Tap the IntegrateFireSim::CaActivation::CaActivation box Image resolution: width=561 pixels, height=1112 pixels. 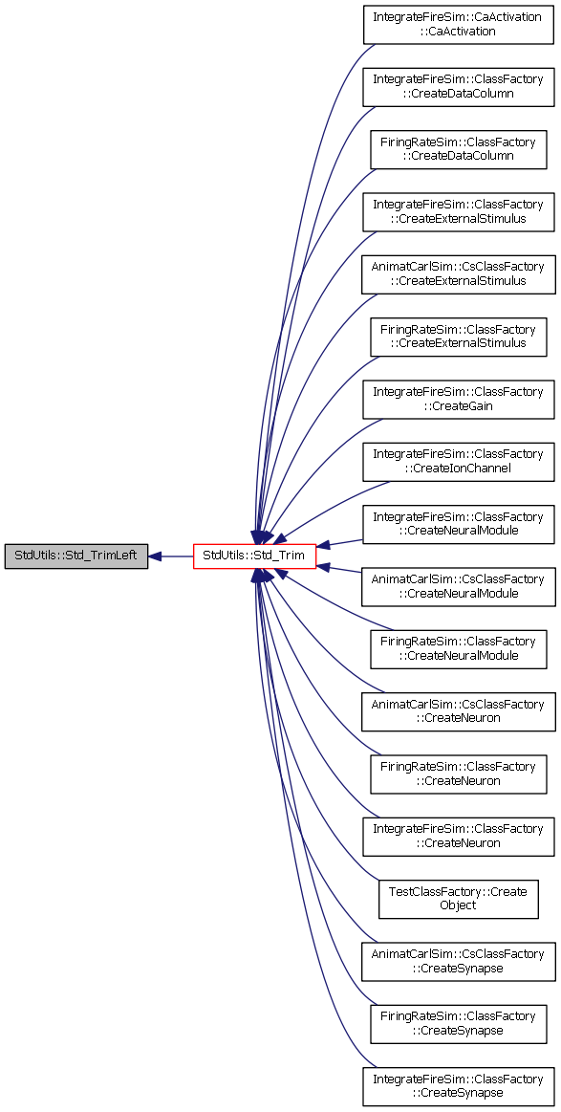(458, 25)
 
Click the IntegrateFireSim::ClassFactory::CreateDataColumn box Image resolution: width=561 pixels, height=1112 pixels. (458, 87)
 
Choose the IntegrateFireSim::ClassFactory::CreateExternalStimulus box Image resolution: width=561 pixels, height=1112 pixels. (458, 212)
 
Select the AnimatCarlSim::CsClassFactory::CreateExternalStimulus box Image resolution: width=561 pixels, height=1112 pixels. (458, 274)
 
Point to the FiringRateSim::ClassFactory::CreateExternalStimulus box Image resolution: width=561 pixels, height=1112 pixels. (458, 337)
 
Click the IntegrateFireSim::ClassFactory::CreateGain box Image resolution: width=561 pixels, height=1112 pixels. (458, 400)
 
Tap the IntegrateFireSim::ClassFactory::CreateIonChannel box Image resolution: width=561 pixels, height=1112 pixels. (458, 462)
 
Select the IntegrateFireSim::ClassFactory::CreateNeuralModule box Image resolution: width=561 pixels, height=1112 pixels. (458, 524)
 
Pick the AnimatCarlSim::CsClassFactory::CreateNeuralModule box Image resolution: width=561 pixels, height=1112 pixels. (458, 586)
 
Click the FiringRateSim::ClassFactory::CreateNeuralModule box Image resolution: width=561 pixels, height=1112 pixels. (458, 649)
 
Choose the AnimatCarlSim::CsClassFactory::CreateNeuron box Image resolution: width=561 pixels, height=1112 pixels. (458, 711)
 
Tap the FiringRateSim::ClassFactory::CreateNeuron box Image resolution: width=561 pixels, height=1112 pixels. (458, 774)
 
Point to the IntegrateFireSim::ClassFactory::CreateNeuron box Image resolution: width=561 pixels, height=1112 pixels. (458, 836)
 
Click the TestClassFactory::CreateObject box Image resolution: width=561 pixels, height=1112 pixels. (458, 899)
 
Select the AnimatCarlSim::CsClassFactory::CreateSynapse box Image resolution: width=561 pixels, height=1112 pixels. (458, 961)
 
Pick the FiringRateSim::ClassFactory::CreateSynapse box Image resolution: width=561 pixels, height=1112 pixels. (458, 1023)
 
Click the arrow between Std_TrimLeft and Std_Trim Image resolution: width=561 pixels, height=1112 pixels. (170, 556)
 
